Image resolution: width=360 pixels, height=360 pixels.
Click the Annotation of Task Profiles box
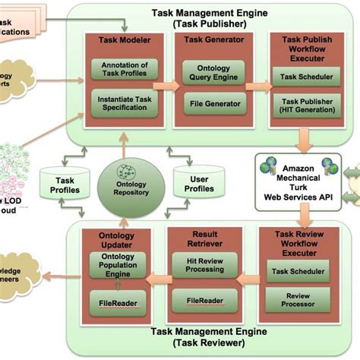[124, 68]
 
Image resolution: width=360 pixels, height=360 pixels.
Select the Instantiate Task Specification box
[124, 103]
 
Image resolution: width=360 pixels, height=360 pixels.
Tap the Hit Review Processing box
[204, 267]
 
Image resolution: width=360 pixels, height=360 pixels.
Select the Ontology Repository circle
[124, 181]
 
